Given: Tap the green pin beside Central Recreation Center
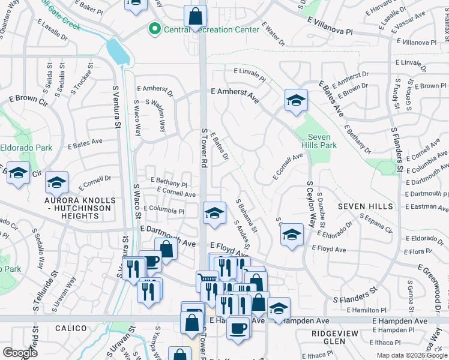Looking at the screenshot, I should click(155, 28).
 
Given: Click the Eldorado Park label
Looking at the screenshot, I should click(26, 147).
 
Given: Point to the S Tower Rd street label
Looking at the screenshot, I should click(205, 148).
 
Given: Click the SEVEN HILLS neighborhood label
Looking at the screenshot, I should click(365, 206).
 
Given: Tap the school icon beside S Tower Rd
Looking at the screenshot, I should click(214, 214).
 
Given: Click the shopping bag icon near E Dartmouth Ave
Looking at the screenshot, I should click(166, 248).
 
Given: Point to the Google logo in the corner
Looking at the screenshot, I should click(20, 353).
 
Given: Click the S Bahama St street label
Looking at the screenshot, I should click(247, 217).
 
